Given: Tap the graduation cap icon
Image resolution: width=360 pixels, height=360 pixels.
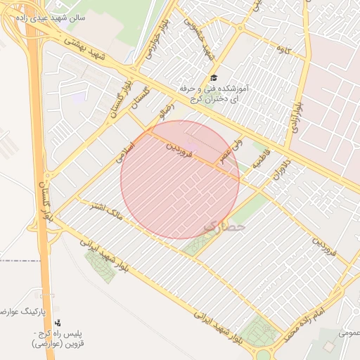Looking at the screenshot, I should [214, 78].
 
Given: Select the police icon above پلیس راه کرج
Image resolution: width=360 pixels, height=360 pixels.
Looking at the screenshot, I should [57, 322].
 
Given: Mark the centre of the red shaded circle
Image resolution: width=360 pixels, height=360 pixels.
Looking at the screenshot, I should [180, 180].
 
